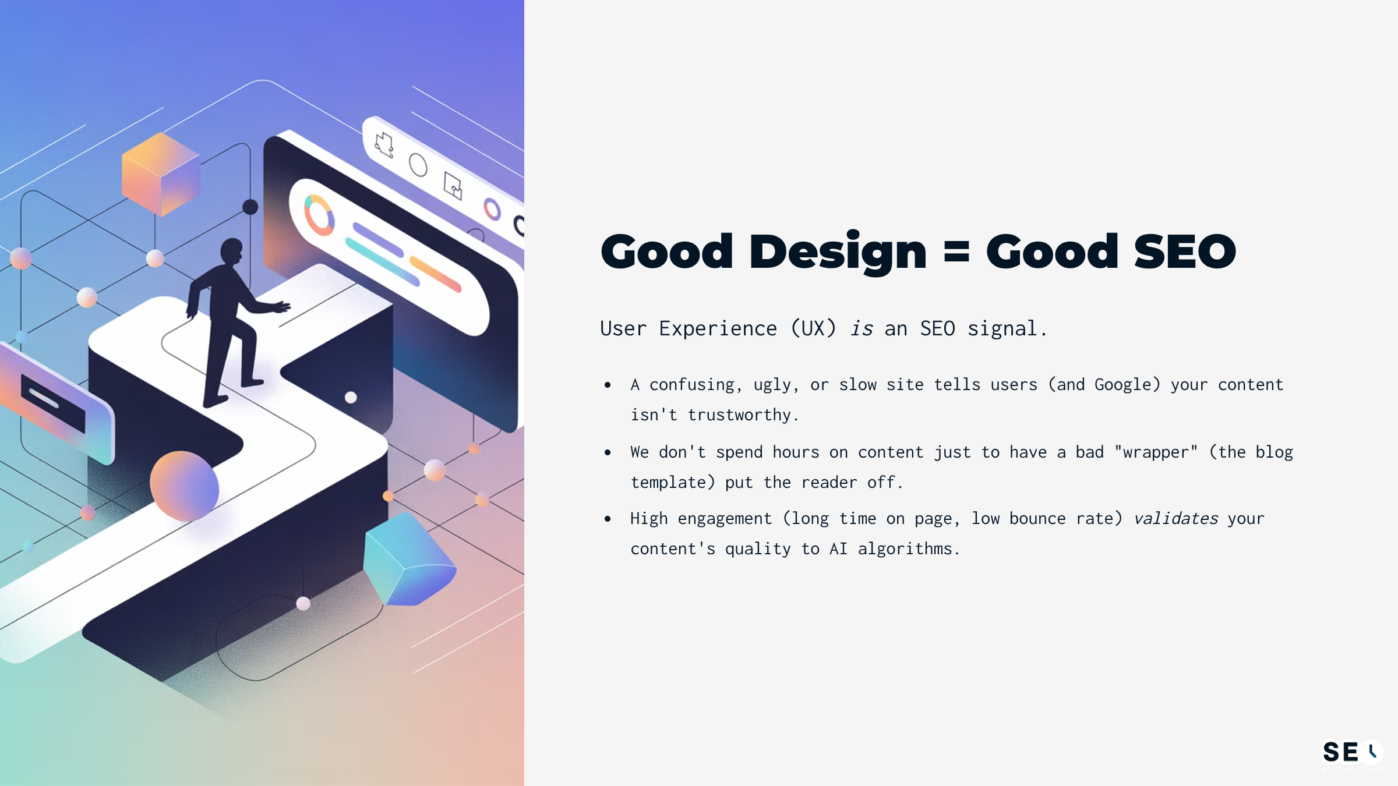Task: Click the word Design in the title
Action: [837, 252]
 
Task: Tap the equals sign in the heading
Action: [956, 253]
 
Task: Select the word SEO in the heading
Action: [1185, 252]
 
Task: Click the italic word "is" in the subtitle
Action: [861, 329]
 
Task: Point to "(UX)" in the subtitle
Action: [813, 329]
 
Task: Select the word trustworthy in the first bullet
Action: [739, 415]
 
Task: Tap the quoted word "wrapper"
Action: [1156, 452]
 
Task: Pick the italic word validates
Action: [1175, 519]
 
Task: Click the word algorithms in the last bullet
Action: [905, 549]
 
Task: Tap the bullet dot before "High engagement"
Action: [608, 519]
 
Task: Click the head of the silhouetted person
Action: [231, 250]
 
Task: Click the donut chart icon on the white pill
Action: [319, 215]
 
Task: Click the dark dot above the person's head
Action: [250, 207]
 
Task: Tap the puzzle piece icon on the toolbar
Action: [384, 144]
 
